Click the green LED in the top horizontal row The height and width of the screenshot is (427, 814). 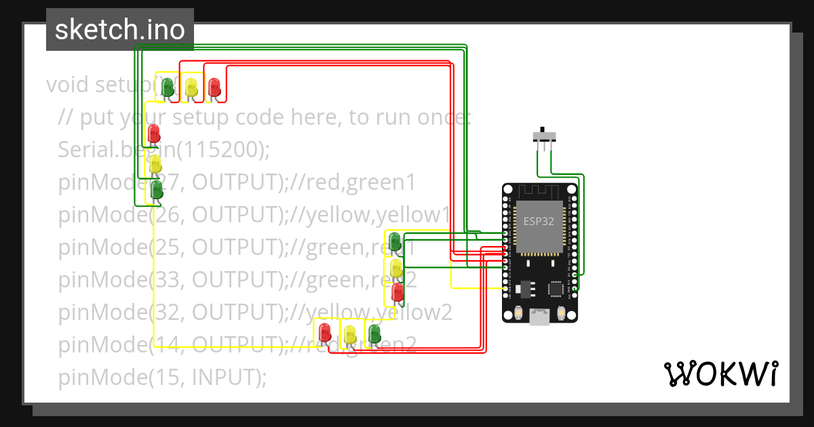167,87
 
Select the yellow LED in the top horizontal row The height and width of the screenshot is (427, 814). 191,87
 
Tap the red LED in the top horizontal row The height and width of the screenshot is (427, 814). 214,87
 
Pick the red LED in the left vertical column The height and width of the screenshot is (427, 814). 155,132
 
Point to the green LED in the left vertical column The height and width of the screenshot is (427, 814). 156,189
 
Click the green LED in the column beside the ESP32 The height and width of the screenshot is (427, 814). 394,241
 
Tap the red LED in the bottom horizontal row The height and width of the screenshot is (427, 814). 325,332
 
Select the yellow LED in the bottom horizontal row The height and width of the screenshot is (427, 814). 349,333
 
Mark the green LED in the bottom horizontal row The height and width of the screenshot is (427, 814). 374,333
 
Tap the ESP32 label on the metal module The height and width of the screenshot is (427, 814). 539,221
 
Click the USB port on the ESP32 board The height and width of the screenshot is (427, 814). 539,317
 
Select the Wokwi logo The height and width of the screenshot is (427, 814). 720,374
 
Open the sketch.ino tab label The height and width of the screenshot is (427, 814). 120,30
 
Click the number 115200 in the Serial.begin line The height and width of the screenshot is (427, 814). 220,150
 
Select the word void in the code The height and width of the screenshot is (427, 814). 69,85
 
